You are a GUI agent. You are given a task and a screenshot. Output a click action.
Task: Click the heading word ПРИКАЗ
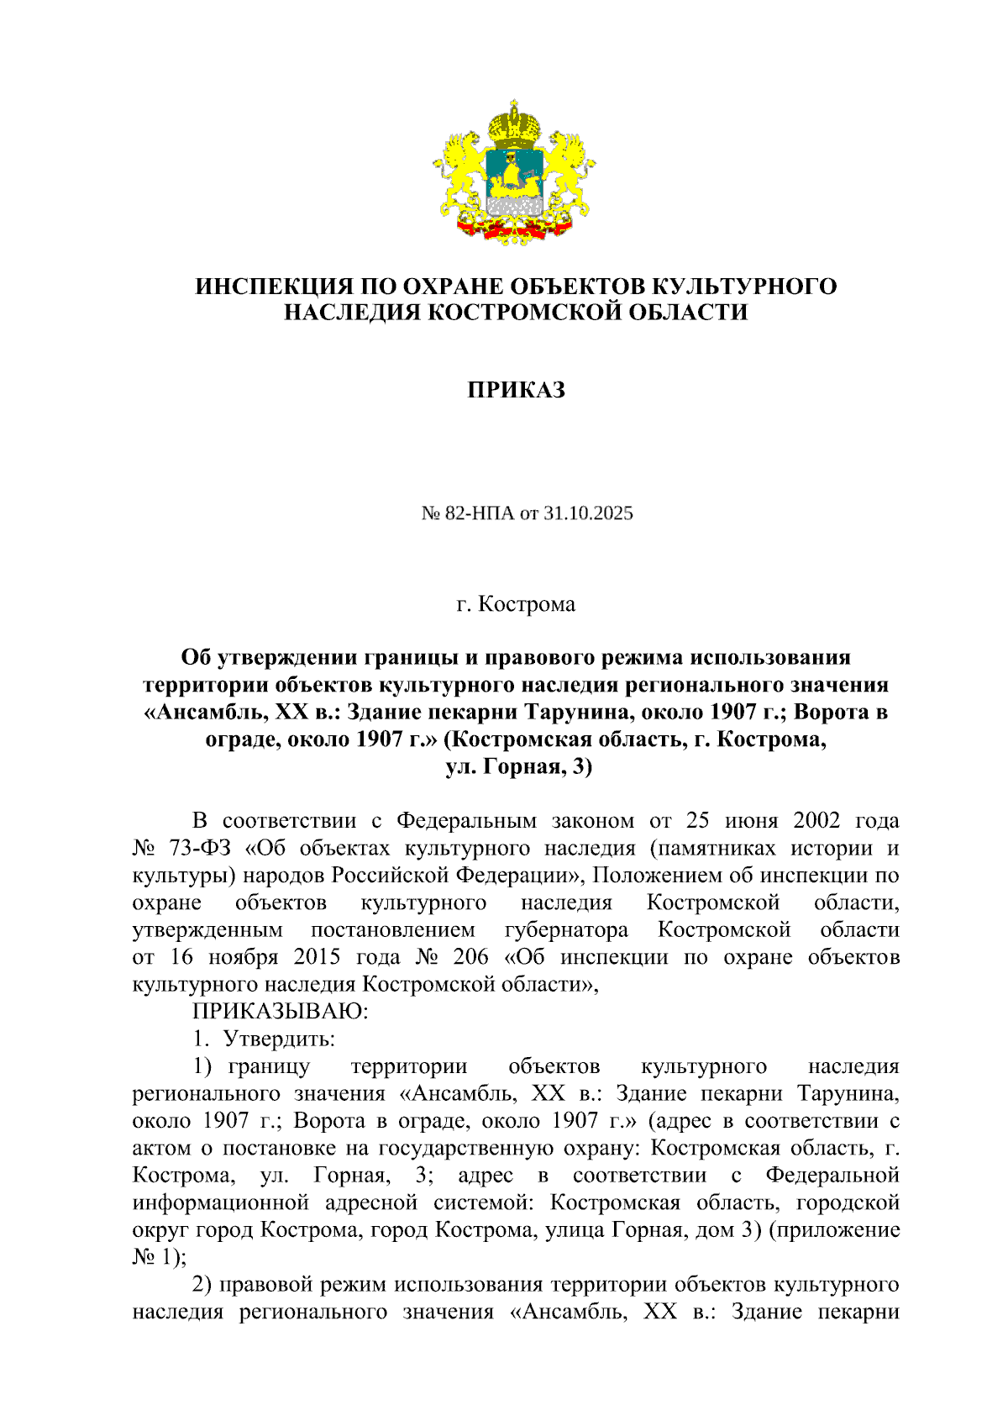[x=516, y=390]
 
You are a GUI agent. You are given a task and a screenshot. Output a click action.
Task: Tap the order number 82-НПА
[x=480, y=513]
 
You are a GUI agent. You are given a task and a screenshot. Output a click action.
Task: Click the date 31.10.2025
[x=588, y=513]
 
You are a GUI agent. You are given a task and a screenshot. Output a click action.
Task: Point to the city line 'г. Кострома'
[x=516, y=604]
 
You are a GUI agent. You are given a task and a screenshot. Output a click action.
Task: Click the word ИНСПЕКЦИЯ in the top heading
[x=266, y=287]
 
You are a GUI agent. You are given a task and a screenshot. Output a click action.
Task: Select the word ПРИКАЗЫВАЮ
[x=281, y=1012]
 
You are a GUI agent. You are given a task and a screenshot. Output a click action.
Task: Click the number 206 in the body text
[x=470, y=957]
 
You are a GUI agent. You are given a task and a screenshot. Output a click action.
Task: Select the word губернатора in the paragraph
[x=566, y=930]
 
